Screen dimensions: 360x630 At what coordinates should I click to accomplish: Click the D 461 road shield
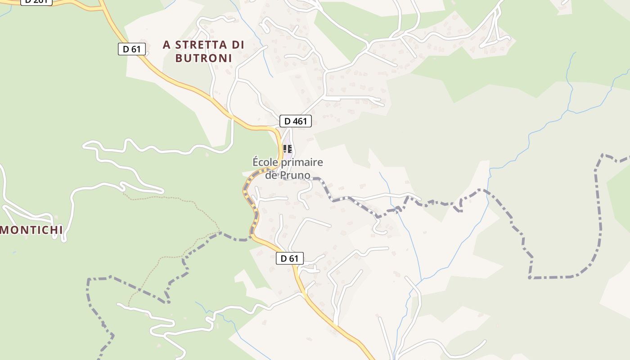(296, 121)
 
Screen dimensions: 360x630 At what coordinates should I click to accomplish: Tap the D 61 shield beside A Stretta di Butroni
(132, 49)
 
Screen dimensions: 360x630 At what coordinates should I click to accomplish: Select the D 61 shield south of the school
(290, 258)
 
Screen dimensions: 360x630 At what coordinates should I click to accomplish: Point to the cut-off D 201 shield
(36, 2)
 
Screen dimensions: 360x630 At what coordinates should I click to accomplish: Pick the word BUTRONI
(203, 58)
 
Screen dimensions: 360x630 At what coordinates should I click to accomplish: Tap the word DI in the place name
(238, 45)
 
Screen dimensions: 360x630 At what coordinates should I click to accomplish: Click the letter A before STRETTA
(167, 45)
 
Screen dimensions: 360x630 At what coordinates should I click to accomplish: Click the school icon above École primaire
(288, 148)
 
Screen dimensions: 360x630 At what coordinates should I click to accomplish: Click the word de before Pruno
(271, 175)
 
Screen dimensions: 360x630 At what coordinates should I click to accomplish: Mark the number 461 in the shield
(300, 121)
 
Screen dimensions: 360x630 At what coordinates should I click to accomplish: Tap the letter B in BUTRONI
(179, 58)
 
